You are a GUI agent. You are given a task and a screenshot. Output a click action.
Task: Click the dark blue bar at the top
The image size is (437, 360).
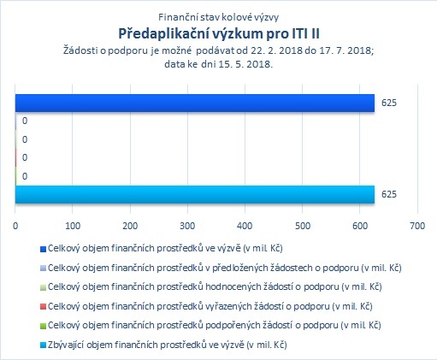coord(195,103)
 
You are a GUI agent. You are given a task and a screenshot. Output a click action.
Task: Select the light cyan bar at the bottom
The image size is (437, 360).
coord(195,194)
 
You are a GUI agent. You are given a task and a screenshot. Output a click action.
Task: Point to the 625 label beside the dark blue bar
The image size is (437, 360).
coord(389,103)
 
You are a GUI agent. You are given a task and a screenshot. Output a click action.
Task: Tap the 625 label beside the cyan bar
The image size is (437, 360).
coord(389,194)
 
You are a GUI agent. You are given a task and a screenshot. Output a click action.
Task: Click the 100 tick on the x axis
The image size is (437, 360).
coord(73,226)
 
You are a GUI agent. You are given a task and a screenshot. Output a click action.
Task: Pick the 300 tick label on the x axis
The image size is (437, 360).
coord(187,226)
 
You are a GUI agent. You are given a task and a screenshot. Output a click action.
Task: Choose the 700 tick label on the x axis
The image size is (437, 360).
coord(417,226)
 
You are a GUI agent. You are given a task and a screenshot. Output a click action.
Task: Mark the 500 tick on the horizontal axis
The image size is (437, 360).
coord(303,226)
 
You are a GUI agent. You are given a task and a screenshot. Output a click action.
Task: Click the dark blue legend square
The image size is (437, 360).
coord(43,250)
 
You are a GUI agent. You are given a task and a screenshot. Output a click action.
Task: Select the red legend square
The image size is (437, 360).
coord(43,307)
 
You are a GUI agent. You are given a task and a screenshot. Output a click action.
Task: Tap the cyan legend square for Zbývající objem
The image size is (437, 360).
coord(43,345)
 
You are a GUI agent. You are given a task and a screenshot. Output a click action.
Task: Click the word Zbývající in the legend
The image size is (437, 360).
coord(66,345)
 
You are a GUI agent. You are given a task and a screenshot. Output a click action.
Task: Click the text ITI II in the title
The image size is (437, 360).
coord(305,33)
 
